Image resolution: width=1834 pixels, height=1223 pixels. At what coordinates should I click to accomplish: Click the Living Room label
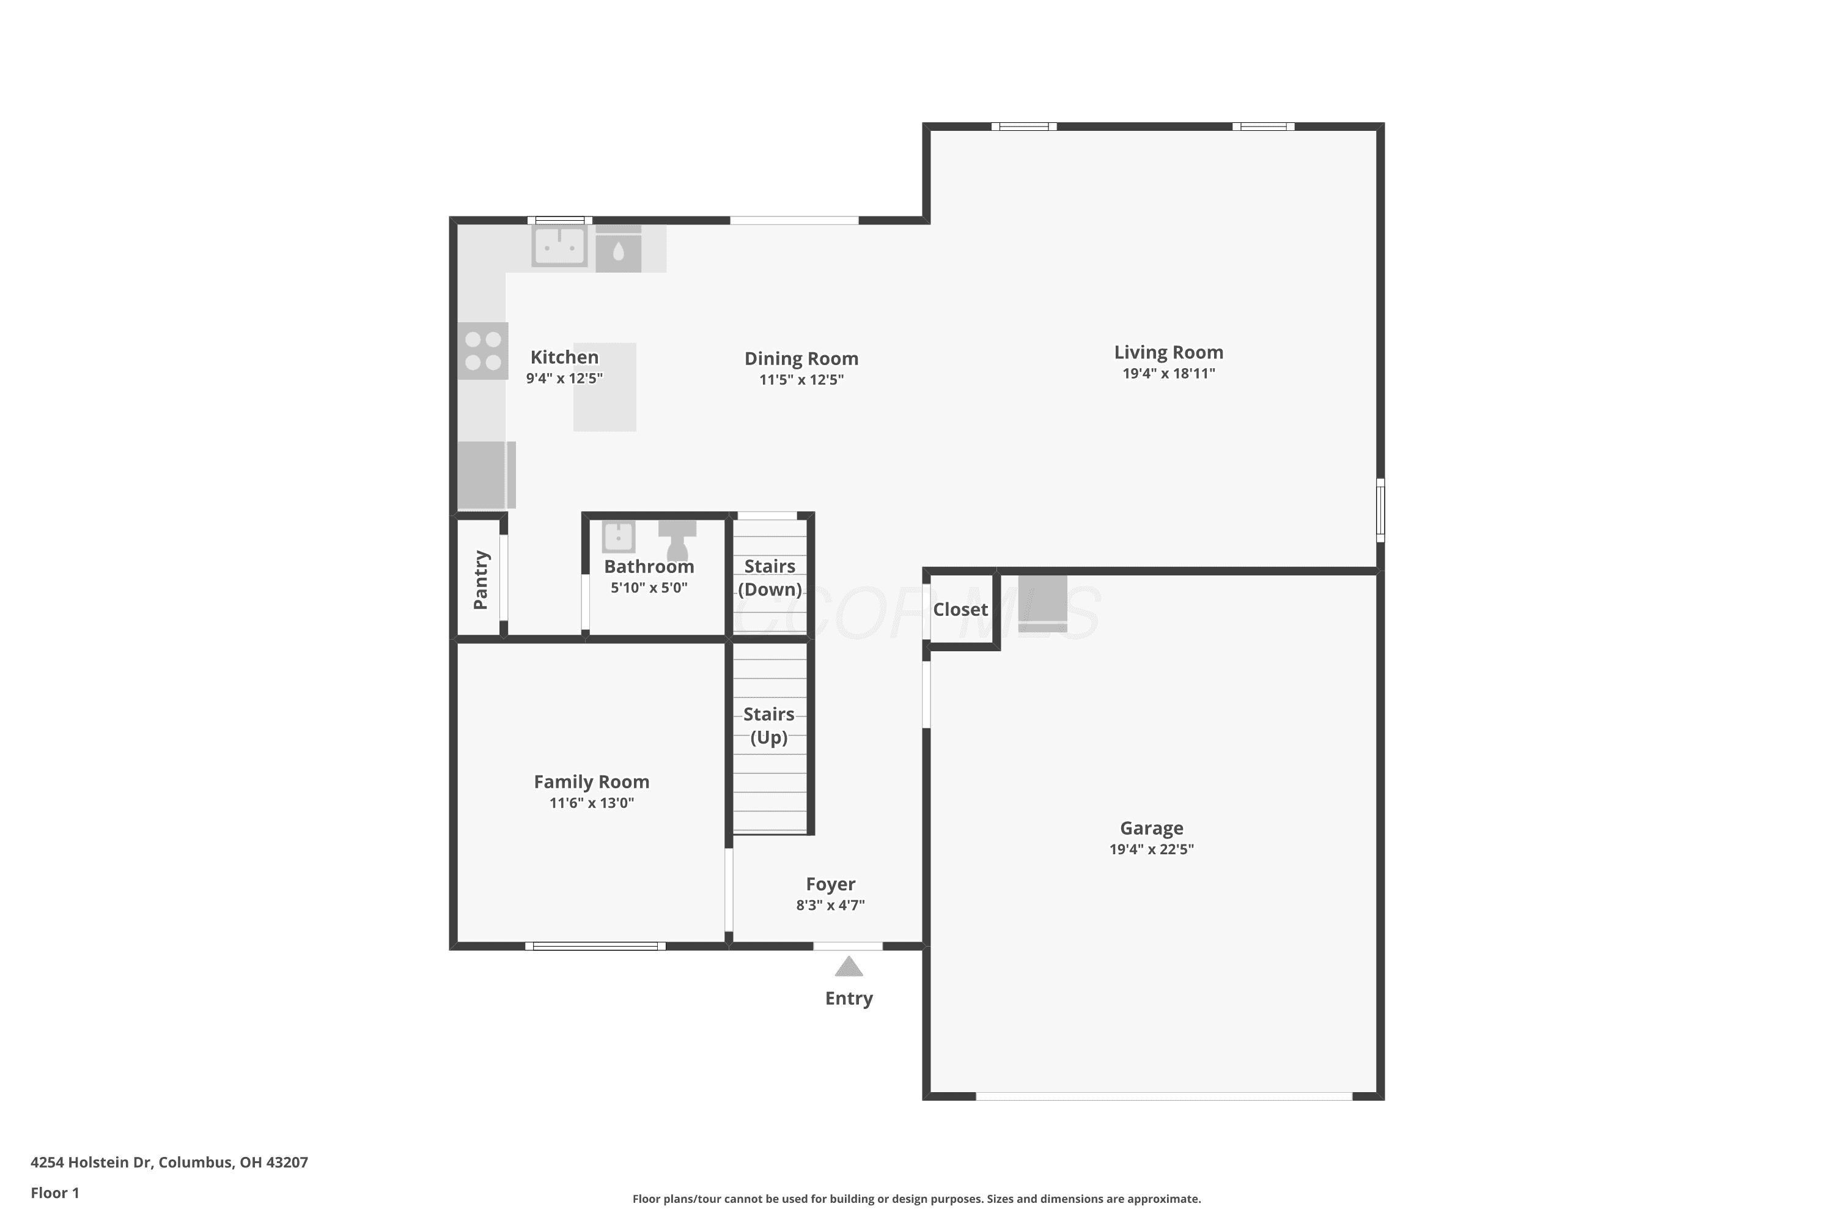(x=1168, y=353)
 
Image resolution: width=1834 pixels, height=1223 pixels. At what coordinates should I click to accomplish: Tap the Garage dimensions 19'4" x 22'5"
(x=1152, y=849)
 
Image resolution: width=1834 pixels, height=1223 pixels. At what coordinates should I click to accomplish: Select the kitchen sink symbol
(x=559, y=246)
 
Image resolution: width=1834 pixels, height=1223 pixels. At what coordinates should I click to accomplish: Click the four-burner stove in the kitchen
(x=483, y=351)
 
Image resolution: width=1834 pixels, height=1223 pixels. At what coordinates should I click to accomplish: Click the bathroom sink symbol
(x=618, y=537)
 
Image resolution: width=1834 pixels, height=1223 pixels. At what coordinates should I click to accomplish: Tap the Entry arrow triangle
(x=849, y=967)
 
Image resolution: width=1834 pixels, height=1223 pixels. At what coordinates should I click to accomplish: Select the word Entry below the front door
(x=849, y=999)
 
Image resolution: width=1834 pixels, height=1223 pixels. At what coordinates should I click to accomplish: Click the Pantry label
(x=481, y=580)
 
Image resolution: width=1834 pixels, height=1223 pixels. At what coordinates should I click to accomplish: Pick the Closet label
(x=960, y=609)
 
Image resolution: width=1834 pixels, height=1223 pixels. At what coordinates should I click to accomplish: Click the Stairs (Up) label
(x=769, y=725)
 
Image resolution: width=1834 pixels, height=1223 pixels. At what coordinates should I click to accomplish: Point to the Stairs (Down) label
(x=770, y=577)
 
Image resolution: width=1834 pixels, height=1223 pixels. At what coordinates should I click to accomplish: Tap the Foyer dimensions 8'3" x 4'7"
(x=830, y=906)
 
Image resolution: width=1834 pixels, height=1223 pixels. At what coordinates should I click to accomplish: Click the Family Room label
(x=592, y=781)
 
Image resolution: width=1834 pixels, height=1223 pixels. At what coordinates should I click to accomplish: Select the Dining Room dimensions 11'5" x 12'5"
(x=801, y=380)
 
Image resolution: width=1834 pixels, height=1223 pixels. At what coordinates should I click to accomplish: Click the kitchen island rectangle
(x=605, y=387)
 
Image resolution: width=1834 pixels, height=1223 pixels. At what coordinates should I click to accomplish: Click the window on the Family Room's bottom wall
(x=595, y=946)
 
